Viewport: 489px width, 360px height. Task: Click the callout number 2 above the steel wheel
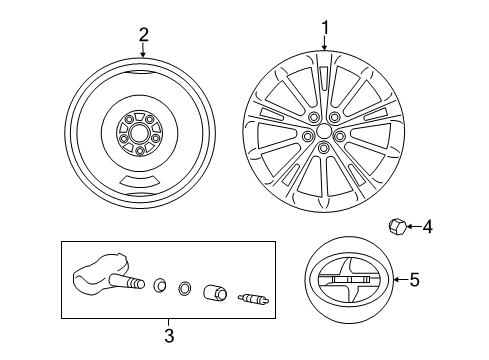click(x=143, y=34)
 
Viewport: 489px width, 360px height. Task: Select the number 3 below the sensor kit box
click(x=169, y=333)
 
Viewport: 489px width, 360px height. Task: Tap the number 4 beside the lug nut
click(x=428, y=227)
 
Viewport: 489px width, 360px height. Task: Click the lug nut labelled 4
click(x=395, y=227)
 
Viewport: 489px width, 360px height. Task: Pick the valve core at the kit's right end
click(x=252, y=296)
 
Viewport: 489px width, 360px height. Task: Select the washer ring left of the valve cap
click(x=184, y=290)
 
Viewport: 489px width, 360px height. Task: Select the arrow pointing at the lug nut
click(x=412, y=227)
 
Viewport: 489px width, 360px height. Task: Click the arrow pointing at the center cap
click(x=400, y=280)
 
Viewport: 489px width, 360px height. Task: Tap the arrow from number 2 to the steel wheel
click(x=143, y=50)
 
